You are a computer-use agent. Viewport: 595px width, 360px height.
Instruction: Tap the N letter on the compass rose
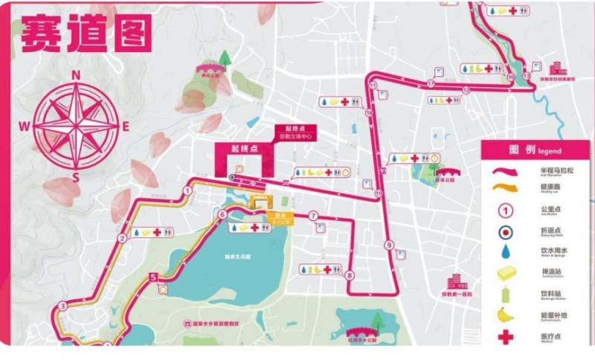pos(75,74)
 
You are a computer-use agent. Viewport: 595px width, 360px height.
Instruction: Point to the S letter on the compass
pos(76,176)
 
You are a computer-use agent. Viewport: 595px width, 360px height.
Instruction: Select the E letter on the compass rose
pos(125,126)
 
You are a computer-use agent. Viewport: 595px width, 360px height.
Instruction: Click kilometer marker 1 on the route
pos(187,190)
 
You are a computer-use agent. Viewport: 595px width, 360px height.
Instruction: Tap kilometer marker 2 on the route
pos(121,238)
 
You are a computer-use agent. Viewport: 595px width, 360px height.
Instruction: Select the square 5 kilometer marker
pos(153,278)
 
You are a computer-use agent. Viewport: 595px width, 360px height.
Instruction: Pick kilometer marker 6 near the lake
pos(222,215)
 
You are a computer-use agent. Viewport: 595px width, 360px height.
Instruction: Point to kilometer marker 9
pos(388,245)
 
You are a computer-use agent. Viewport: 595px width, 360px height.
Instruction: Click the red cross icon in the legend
pos(506,337)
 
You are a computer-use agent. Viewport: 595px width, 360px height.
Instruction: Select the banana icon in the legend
pos(506,315)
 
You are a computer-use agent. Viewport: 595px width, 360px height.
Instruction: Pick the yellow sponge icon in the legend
pos(506,273)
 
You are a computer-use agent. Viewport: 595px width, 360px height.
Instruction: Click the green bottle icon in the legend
pos(506,294)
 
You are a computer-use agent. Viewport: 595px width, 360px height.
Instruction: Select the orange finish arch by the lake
pos(261,202)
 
